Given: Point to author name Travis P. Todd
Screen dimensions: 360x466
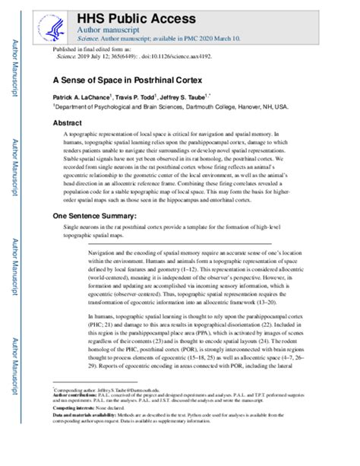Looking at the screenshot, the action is pos(147,99).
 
